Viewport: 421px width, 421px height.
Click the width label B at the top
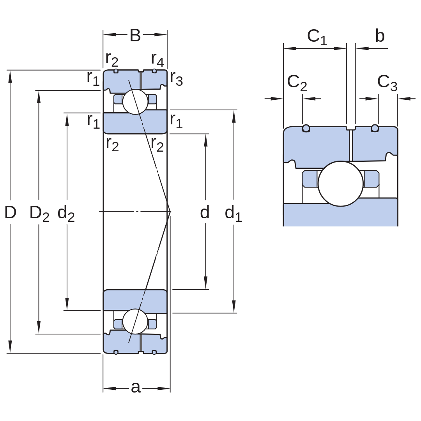tap(135, 35)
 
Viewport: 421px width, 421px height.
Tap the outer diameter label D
tap(11, 212)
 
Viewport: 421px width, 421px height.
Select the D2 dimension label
tap(39, 214)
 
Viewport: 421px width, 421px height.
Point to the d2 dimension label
tap(66, 213)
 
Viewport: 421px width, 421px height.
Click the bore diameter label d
tap(205, 212)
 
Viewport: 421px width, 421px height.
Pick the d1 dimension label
tap(233, 213)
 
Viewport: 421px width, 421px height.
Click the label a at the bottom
tap(136, 387)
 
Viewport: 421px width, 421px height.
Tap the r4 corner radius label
tap(157, 60)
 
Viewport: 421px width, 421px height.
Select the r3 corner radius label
tap(177, 79)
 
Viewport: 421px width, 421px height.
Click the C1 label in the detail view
tap(317, 37)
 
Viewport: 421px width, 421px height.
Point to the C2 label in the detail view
tap(297, 83)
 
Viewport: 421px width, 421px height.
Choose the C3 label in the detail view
tap(387, 83)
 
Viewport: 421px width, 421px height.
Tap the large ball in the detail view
tap(340, 184)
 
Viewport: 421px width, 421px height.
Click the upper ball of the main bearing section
tap(135, 102)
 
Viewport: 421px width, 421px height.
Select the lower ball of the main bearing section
tap(135, 321)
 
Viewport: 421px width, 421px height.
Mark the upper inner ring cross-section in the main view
tap(135, 122)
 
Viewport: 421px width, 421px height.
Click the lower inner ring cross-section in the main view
tap(135, 301)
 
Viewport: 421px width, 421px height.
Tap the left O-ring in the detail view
tap(306, 128)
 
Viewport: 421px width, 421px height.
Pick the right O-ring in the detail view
tap(375, 128)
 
